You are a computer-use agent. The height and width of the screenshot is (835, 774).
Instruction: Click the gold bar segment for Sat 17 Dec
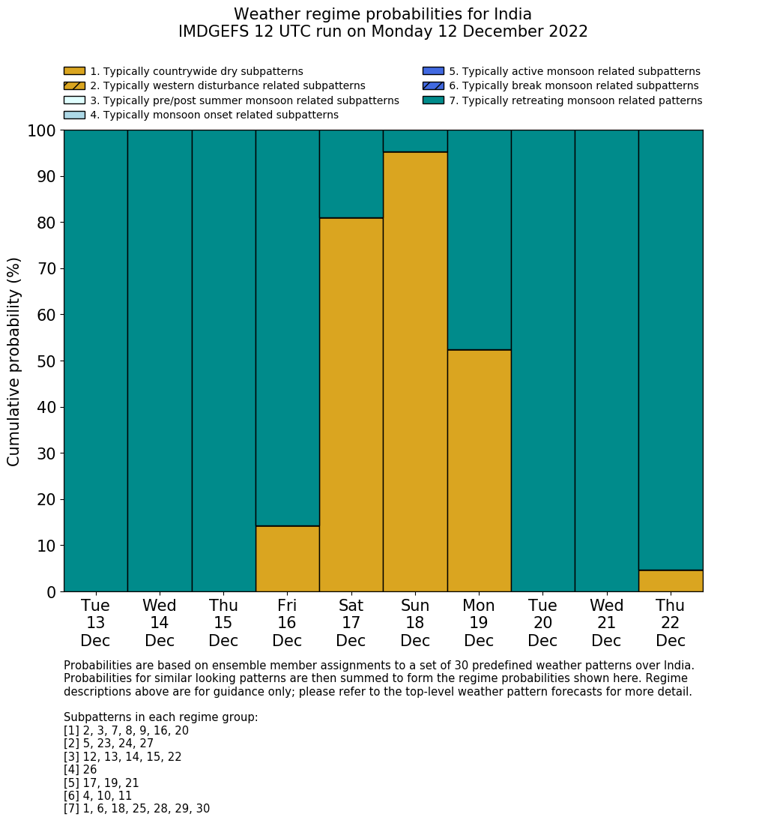coord(351,405)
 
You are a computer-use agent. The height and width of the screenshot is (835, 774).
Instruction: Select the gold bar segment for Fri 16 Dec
coord(287,558)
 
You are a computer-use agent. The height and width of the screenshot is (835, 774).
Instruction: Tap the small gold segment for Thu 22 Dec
coord(671,581)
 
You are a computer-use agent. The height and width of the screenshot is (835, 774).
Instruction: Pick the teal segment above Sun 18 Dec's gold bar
coord(415,141)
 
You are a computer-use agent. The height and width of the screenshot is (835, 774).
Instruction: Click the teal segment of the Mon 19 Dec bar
coord(479,240)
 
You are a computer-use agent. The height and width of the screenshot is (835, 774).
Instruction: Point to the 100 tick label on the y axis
coord(41,131)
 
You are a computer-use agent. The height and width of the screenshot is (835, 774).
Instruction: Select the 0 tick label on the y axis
coord(51,592)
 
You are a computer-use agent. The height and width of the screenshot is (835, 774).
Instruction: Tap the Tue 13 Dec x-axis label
coord(95,623)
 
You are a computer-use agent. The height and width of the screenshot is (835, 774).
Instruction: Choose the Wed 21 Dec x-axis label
coord(606,623)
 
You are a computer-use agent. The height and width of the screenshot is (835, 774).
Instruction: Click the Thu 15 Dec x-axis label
coord(223,623)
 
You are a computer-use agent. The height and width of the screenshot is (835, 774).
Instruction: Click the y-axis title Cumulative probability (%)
coord(14,361)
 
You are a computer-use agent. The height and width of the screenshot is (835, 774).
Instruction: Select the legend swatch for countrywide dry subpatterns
coord(74,71)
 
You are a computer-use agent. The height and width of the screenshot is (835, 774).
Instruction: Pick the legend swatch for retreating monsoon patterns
coord(433,100)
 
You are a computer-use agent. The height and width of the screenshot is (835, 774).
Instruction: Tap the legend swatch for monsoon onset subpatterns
coord(74,115)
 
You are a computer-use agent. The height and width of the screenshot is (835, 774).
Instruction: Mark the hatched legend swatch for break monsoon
coord(433,85)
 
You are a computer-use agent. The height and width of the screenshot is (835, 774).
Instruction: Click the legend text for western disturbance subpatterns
coord(228,86)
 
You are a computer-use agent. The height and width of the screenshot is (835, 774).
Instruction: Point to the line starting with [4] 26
coord(80,770)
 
